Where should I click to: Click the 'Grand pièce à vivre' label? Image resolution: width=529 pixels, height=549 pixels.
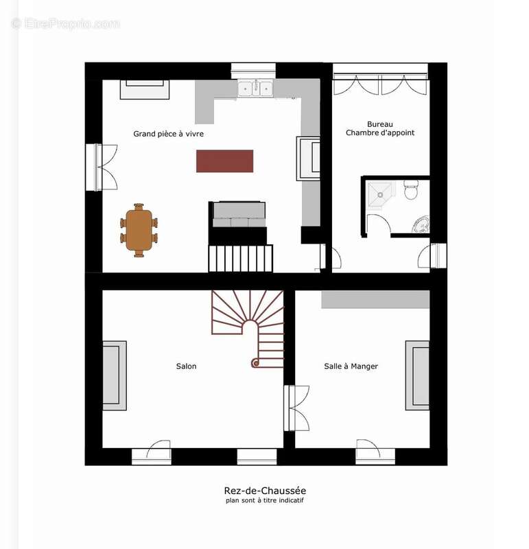[x=168, y=134]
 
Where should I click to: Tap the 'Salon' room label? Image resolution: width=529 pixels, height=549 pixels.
[x=186, y=366]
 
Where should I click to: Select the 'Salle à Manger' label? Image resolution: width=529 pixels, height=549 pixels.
[x=351, y=366]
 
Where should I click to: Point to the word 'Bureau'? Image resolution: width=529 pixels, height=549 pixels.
[x=379, y=124]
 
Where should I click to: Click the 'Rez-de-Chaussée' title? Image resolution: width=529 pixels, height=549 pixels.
[x=265, y=490]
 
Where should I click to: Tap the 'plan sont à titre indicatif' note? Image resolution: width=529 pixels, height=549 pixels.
[x=265, y=500]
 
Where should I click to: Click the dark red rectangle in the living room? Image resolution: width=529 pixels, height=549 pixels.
[x=224, y=161]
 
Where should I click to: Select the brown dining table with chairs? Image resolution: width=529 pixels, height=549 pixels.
[x=139, y=230]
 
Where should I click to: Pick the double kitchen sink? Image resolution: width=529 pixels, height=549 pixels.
[x=255, y=88]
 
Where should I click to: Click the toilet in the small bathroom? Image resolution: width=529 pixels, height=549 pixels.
[x=411, y=189]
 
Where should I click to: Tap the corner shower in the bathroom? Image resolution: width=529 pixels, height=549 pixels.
[x=378, y=194]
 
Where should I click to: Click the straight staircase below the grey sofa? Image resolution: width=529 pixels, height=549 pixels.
[x=240, y=258]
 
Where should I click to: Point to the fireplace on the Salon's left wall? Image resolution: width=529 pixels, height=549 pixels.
[x=114, y=375]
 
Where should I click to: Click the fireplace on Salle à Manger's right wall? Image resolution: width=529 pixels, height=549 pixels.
[x=416, y=375]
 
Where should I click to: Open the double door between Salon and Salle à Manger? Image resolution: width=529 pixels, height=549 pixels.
[x=297, y=408]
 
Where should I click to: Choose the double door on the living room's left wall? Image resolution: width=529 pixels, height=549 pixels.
[x=99, y=167]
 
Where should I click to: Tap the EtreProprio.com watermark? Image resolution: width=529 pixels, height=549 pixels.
[x=65, y=23]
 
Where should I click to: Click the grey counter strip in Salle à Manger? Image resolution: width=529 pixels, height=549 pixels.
[x=375, y=299]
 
